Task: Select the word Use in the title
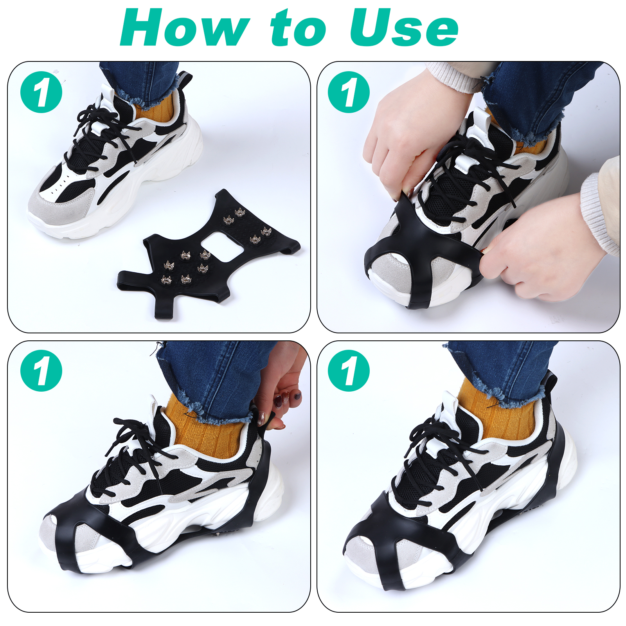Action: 404,27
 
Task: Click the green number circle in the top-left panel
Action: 41,92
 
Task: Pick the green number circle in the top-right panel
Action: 349,92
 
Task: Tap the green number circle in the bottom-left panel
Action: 41,371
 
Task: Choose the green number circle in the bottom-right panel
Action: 349,371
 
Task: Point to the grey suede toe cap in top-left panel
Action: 59,205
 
